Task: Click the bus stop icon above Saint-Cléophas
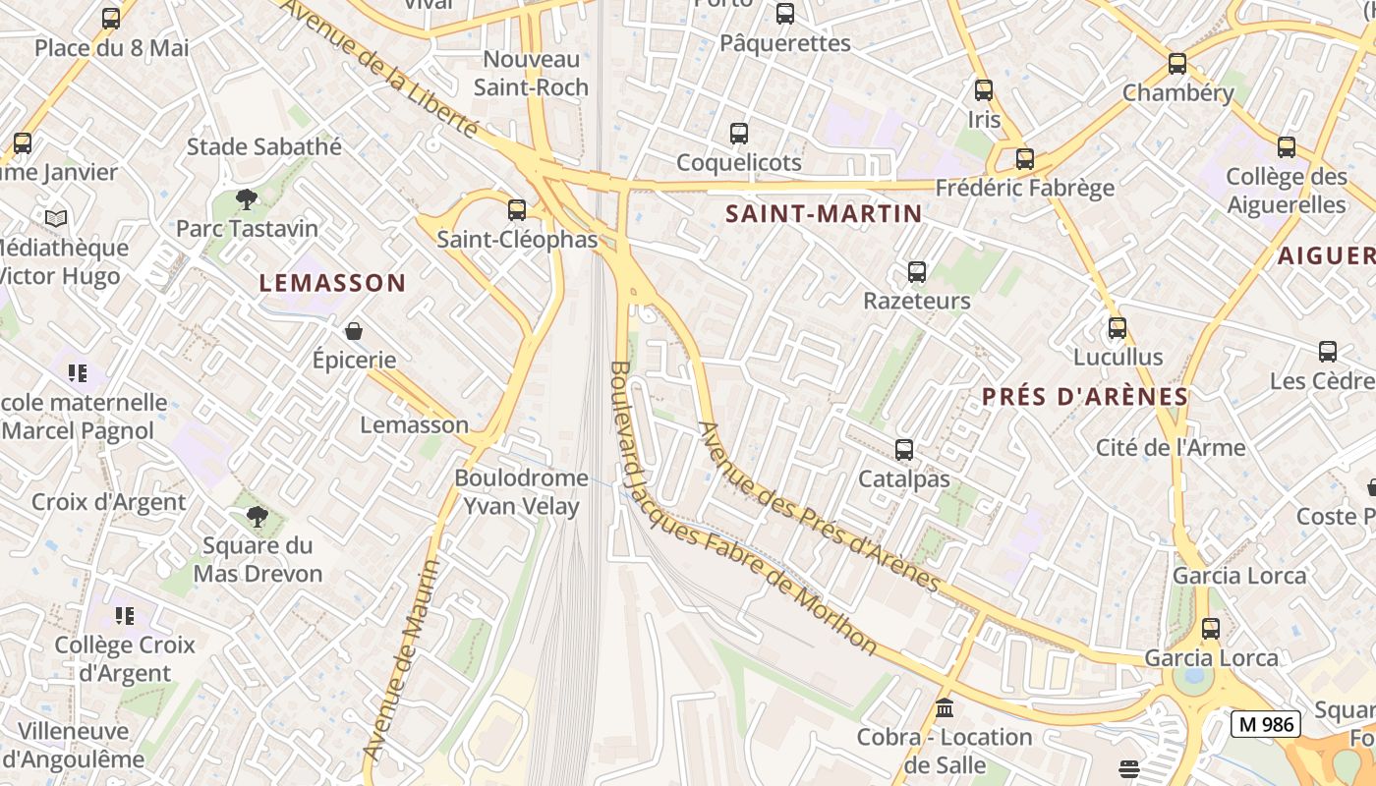click(517, 209)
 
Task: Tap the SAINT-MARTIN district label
click(824, 213)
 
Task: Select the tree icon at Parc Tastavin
click(247, 199)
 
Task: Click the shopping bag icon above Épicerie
click(354, 331)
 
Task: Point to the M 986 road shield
click(1265, 724)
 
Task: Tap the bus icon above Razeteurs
click(917, 271)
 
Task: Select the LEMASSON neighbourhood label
click(332, 283)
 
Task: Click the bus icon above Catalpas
click(904, 450)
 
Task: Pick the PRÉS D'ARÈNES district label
click(1085, 397)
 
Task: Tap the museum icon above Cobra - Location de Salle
click(945, 707)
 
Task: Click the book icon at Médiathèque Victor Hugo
click(56, 218)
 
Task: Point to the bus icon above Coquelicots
click(739, 134)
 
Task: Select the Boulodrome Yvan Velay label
click(521, 492)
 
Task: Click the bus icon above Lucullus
click(1118, 328)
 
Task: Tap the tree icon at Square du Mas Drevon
click(258, 516)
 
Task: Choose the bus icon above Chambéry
click(1177, 64)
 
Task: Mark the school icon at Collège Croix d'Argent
click(124, 616)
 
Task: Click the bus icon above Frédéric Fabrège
click(1025, 158)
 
